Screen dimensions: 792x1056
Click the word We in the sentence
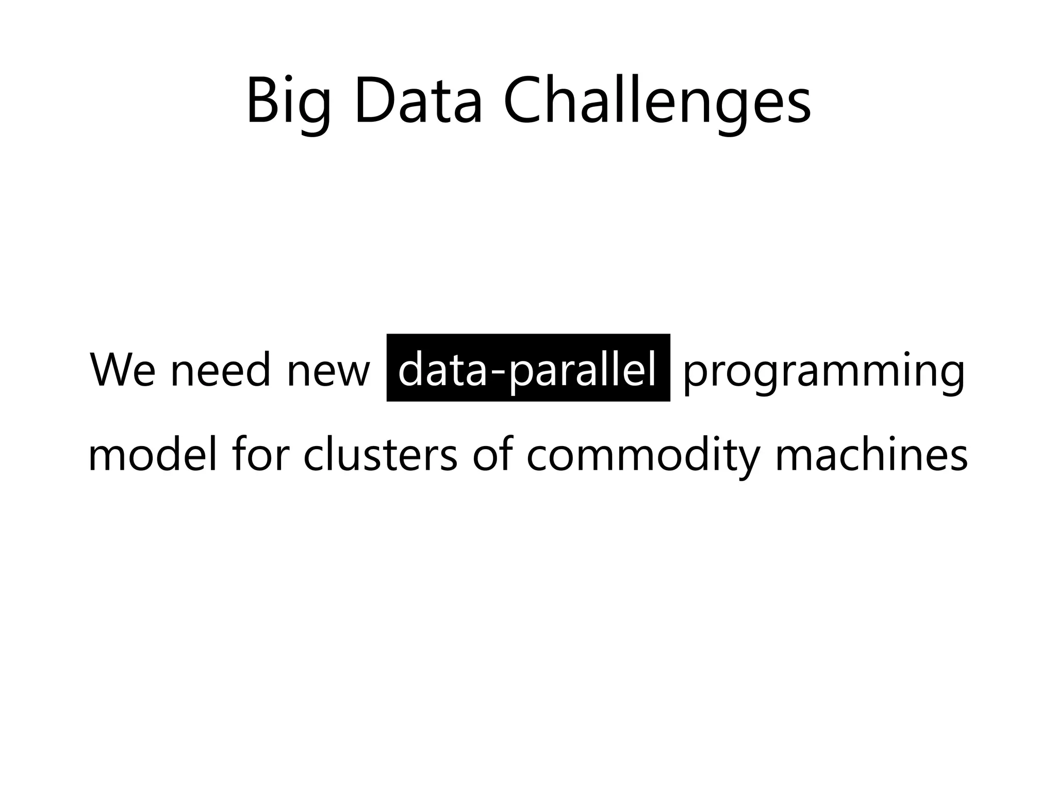122,370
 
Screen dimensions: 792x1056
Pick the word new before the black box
328,370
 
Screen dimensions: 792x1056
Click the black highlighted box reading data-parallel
528,367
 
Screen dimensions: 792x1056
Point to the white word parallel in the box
583,370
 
